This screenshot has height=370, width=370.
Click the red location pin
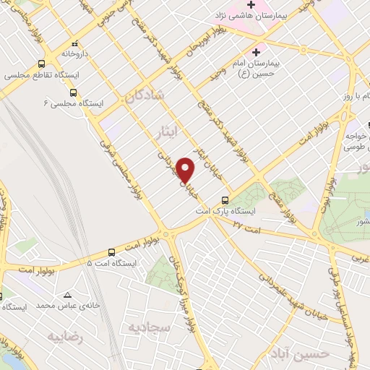[x=186, y=170]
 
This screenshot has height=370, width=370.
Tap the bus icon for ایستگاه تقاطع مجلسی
[x=42, y=64]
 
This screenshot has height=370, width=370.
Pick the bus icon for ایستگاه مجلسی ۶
[x=73, y=92]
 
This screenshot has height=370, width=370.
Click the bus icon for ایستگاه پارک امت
[x=225, y=199]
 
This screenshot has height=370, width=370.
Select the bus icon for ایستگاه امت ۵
[x=111, y=252]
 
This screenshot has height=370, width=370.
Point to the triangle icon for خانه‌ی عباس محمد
[x=67, y=295]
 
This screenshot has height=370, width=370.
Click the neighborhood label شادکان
[x=145, y=97]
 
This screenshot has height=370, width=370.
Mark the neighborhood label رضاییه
[x=66, y=337]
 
